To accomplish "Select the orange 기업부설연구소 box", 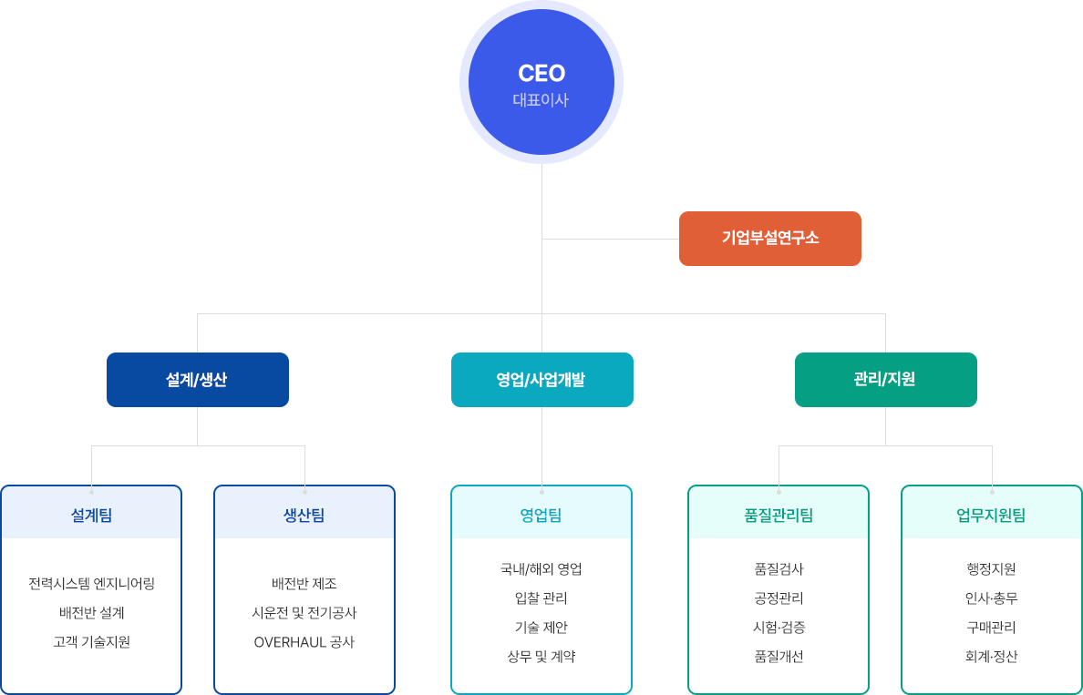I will pyautogui.click(x=769, y=239).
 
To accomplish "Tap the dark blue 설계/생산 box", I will pyautogui.click(x=197, y=380).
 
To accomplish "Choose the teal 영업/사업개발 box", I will pyautogui.click(x=541, y=380).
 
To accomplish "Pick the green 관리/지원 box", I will pyautogui.click(x=885, y=380).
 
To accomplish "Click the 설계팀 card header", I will pyautogui.click(x=91, y=516).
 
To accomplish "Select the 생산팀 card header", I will pyautogui.click(x=304, y=516).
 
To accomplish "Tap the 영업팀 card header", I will pyautogui.click(x=541, y=516).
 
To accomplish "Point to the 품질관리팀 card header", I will pyautogui.click(x=779, y=516).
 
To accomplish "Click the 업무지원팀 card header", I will pyautogui.click(x=992, y=516).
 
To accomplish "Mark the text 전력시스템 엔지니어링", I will pyautogui.click(x=91, y=584).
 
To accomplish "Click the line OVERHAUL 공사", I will pyautogui.click(x=304, y=642).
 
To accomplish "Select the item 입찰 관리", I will pyautogui.click(x=541, y=598).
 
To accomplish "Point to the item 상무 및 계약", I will pyautogui.click(x=541, y=657).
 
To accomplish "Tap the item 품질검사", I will pyautogui.click(x=779, y=569).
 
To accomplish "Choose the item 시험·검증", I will pyautogui.click(x=779, y=628).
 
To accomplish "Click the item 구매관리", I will pyautogui.click(x=992, y=628).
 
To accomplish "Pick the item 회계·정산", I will pyautogui.click(x=992, y=657).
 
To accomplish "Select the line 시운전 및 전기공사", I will pyautogui.click(x=304, y=613).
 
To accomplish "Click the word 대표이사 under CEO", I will pyautogui.click(x=541, y=100).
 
